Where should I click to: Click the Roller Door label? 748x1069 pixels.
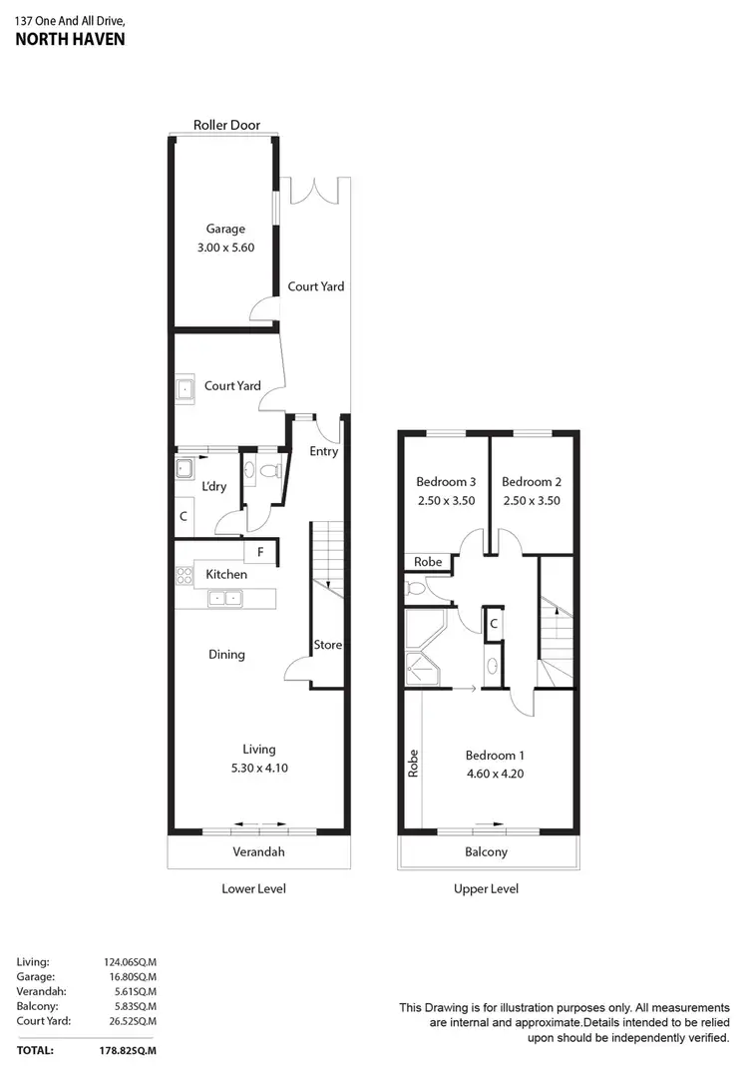click(x=226, y=125)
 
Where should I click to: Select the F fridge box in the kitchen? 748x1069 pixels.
click(x=260, y=552)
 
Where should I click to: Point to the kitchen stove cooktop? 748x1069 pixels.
click(x=184, y=575)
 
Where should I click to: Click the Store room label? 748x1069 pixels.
click(x=328, y=645)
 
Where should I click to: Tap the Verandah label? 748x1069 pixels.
click(x=258, y=851)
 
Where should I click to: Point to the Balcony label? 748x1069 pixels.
click(x=487, y=851)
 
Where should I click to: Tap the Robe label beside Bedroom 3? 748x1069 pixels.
click(x=428, y=562)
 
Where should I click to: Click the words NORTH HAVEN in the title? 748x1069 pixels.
click(x=70, y=41)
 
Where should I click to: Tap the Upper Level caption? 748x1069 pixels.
click(x=486, y=888)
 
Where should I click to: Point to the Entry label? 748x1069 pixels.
click(x=323, y=451)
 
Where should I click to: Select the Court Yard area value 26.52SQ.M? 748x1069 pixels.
click(x=131, y=1021)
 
